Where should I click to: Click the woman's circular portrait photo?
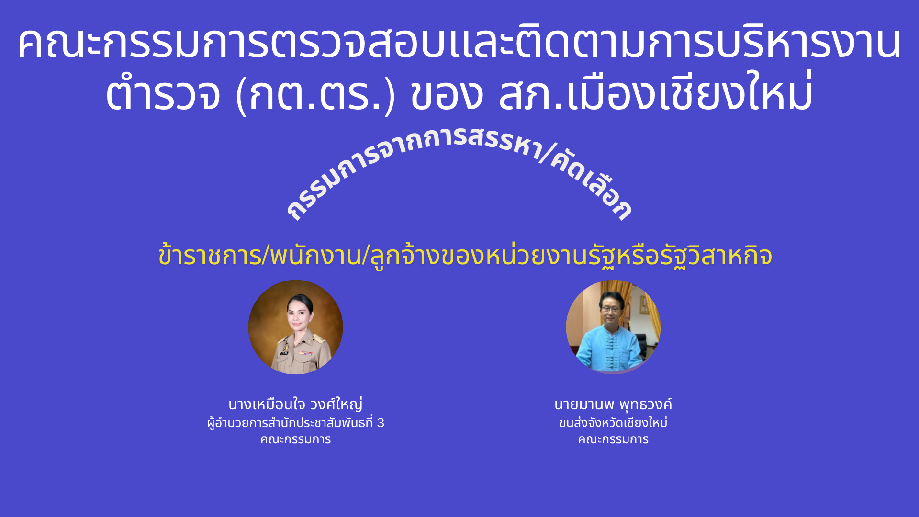295,327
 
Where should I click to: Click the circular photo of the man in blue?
613,327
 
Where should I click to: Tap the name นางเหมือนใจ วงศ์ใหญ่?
295,405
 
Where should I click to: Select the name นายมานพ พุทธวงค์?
613,405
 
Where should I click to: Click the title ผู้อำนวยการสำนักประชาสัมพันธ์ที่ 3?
295,423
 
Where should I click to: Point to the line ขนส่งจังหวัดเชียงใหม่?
613,423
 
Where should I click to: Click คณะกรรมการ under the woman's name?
295,439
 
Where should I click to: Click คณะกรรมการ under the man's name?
613,439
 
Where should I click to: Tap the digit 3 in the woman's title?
381,423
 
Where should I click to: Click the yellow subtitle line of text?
465,255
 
